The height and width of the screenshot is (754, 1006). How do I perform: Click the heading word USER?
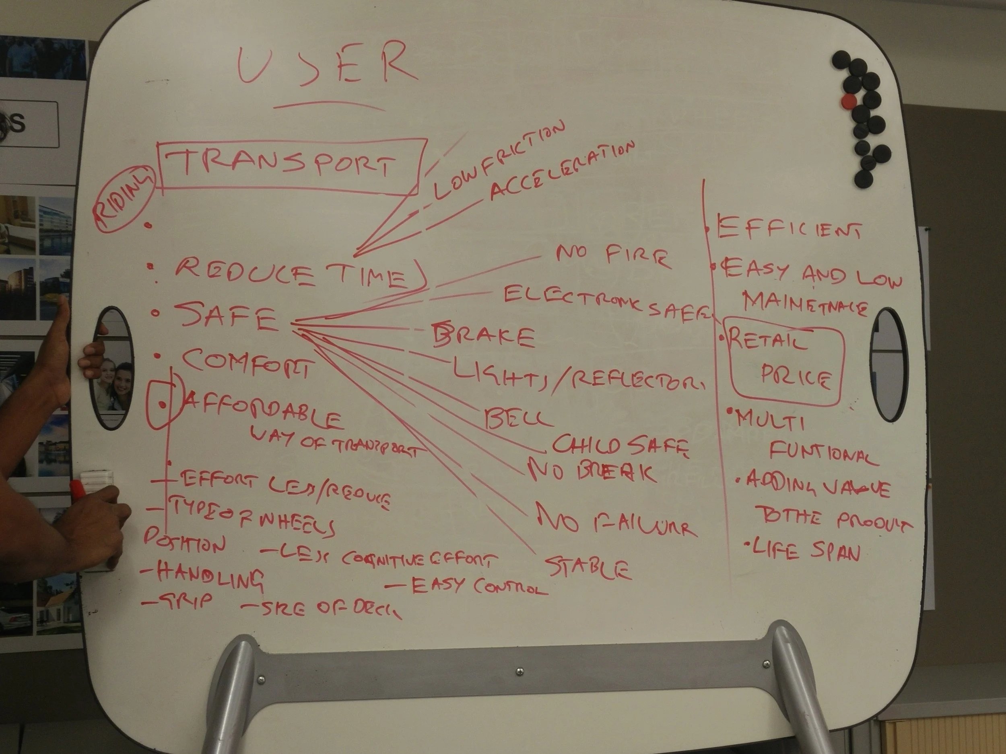[326, 65]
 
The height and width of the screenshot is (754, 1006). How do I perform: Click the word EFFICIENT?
[789, 227]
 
